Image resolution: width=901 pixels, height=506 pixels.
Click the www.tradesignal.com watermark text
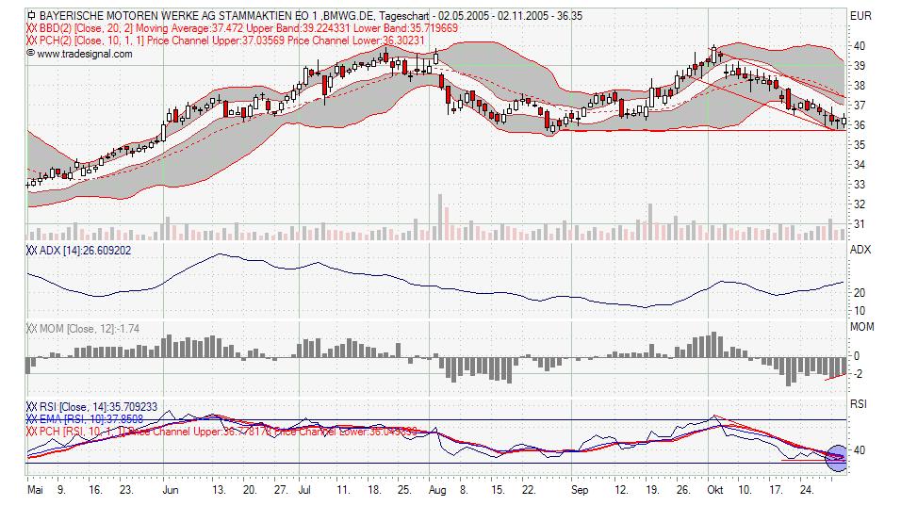(84, 54)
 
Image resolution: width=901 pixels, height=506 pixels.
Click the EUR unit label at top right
(860, 16)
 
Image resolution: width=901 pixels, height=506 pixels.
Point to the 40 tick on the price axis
(859, 45)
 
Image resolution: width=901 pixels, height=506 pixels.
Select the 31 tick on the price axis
(859, 224)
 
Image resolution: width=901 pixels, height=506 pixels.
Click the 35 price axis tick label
(859, 144)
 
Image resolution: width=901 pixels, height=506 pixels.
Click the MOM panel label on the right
(861, 327)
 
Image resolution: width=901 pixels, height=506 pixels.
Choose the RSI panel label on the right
(859, 404)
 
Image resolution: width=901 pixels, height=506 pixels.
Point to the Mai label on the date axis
(36, 491)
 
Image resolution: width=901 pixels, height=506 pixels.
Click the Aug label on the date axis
(436, 491)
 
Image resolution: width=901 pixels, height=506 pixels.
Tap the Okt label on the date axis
(715, 491)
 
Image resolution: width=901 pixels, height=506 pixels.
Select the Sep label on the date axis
(579, 491)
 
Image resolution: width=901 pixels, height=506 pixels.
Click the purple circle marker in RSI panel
(836, 457)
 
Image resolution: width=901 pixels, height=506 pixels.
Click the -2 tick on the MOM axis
(856, 374)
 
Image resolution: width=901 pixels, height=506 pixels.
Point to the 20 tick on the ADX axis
(859, 293)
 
